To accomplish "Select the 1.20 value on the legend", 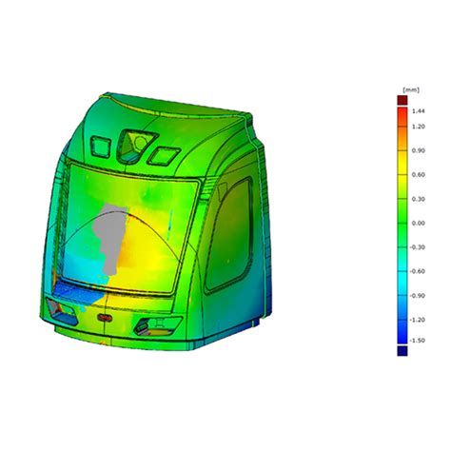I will (417, 127).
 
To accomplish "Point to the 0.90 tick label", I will (417, 150).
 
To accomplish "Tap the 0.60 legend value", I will (417, 175).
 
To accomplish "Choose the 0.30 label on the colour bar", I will (417, 199).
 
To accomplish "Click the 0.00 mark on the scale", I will (417, 223).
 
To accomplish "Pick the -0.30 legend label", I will (417, 246).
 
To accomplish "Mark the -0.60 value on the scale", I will (417, 271).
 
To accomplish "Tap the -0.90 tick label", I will (417, 295).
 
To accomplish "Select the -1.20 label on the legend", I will (417, 320).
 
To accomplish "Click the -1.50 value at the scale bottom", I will (417, 340).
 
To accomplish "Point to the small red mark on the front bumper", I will (103, 311).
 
